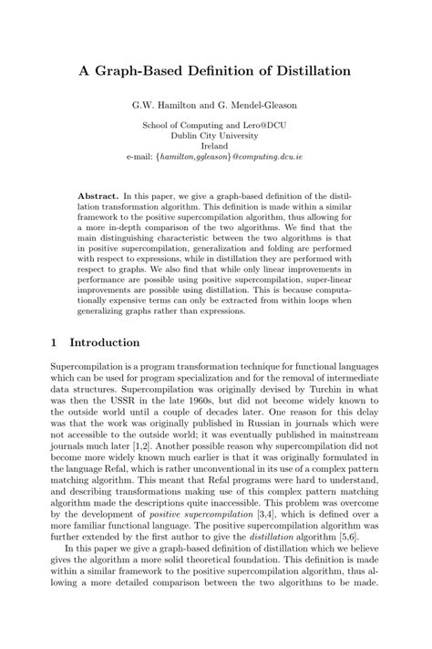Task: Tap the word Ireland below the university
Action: pos(215,145)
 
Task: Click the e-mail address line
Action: pos(215,157)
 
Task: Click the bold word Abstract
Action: pos(98,196)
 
